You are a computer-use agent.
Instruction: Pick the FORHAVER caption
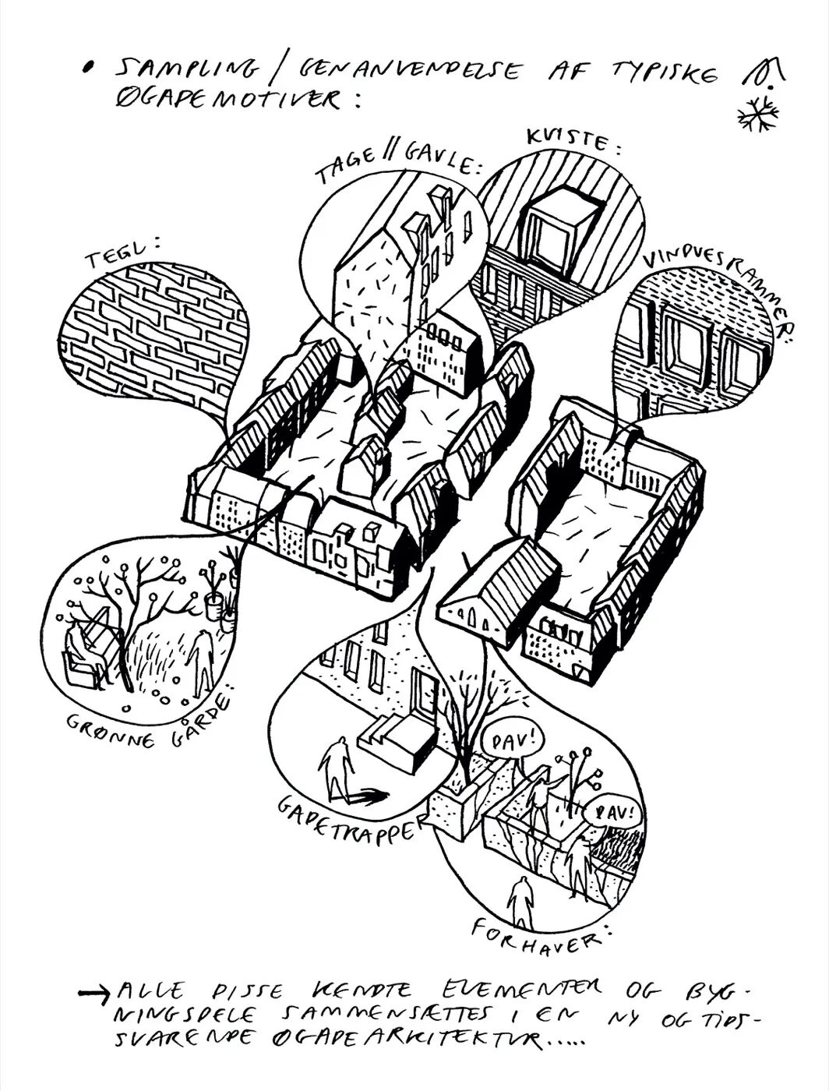538,934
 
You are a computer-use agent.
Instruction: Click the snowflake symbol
758,114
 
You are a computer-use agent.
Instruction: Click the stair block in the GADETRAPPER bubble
397,742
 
